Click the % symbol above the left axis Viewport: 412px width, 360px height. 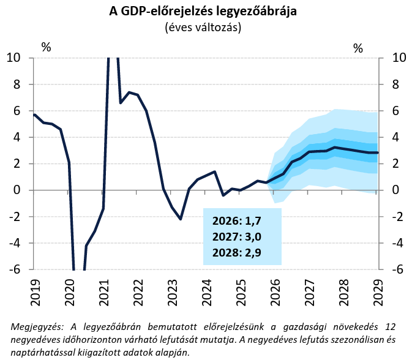point(46,47)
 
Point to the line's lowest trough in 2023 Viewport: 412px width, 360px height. point(181,219)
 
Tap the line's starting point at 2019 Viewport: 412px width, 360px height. point(34,114)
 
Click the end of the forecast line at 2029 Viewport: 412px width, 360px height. point(378,152)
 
